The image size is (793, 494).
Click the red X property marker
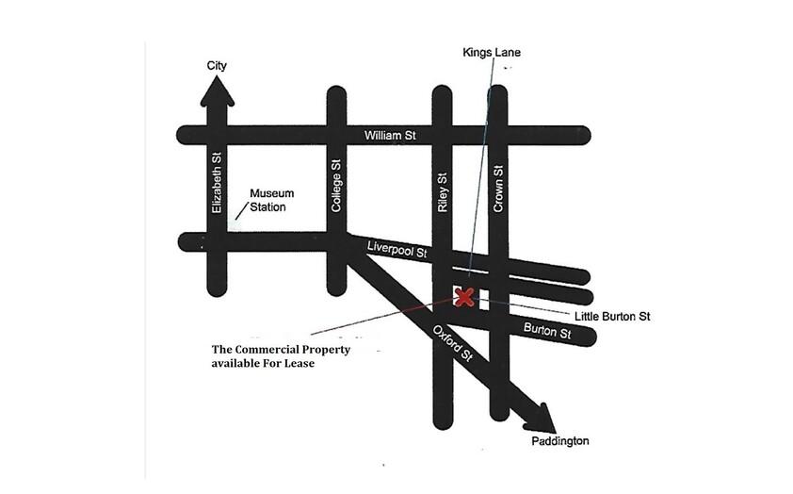[x=464, y=297]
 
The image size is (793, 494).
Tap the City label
[x=217, y=66]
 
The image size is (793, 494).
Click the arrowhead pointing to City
[x=218, y=91]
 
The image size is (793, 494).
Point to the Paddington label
[x=559, y=441]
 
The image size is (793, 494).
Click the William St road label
[x=390, y=136]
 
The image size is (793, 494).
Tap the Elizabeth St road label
[x=217, y=183]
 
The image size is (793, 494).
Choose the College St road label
[x=336, y=186]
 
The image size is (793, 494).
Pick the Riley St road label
[x=443, y=192]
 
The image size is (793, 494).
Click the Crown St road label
[x=498, y=189]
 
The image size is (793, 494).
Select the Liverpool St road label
[x=397, y=250]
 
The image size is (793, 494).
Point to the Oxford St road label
[x=453, y=344]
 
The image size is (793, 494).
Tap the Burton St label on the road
[x=547, y=331]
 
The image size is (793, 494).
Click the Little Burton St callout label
[x=612, y=317]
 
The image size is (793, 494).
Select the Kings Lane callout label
[x=491, y=52]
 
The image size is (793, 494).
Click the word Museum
[x=271, y=193]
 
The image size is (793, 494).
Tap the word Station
[x=267, y=207]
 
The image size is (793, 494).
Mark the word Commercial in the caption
[x=292, y=349]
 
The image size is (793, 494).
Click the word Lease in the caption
[x=299, y=363]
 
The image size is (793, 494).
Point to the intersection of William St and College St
[x=337, y=136]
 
